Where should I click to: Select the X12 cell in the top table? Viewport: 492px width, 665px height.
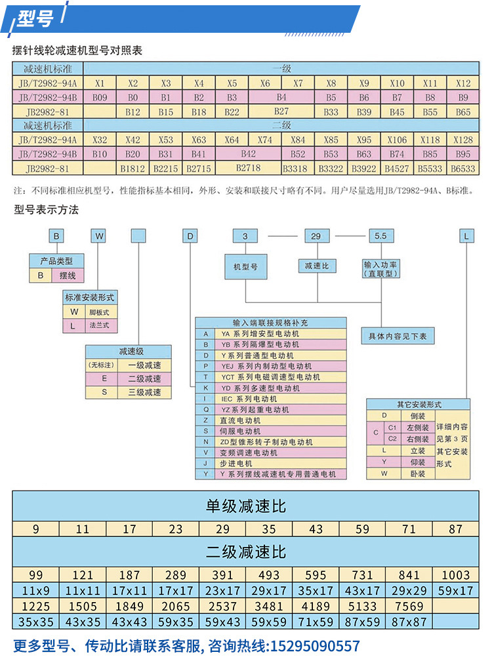463,84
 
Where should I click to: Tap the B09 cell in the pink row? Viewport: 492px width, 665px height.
100,98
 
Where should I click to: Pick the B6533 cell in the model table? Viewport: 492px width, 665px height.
463,169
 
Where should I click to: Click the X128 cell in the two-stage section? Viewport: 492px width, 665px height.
463,140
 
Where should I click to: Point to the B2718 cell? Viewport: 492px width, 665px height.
249,169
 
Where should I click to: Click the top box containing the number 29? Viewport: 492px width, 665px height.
316,235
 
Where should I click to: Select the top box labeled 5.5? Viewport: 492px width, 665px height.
381,235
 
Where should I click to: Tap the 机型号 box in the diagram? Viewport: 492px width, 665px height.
245,267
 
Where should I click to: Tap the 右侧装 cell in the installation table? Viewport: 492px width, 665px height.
418,439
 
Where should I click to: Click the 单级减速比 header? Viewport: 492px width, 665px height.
246,506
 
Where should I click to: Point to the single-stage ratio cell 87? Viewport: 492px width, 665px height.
455,529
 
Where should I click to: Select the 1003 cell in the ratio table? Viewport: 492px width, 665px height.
455,575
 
